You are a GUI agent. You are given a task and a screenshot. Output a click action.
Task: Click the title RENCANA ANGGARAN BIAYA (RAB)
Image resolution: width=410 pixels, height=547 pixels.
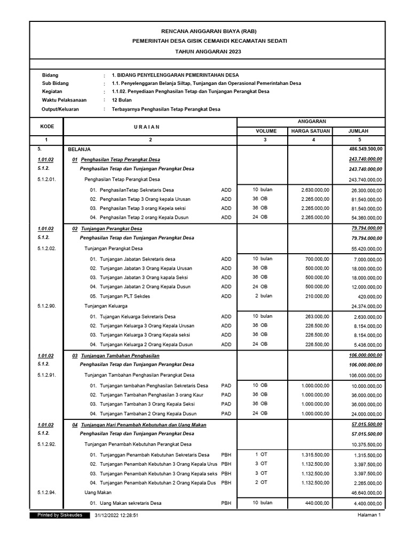[206, 32]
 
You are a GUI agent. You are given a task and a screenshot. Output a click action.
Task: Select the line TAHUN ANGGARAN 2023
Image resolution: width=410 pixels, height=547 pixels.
[206, 51]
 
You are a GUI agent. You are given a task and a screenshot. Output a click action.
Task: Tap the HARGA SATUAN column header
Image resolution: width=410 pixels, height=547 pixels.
[310, 131]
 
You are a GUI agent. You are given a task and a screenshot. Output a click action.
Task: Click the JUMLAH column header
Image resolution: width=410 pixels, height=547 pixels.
[358, 131]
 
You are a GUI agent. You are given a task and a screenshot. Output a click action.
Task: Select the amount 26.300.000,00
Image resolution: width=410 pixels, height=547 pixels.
[366, 190]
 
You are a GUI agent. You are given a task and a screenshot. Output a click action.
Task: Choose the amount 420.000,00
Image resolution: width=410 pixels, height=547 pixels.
[370, 296]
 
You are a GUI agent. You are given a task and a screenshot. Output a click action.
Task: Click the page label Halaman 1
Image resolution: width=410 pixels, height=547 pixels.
[369, 515]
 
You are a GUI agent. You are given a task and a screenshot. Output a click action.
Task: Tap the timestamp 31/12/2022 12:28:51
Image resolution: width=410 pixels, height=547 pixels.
[116, 515]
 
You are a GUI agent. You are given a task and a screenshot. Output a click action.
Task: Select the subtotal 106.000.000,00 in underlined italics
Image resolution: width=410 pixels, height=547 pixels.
[365, 355]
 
